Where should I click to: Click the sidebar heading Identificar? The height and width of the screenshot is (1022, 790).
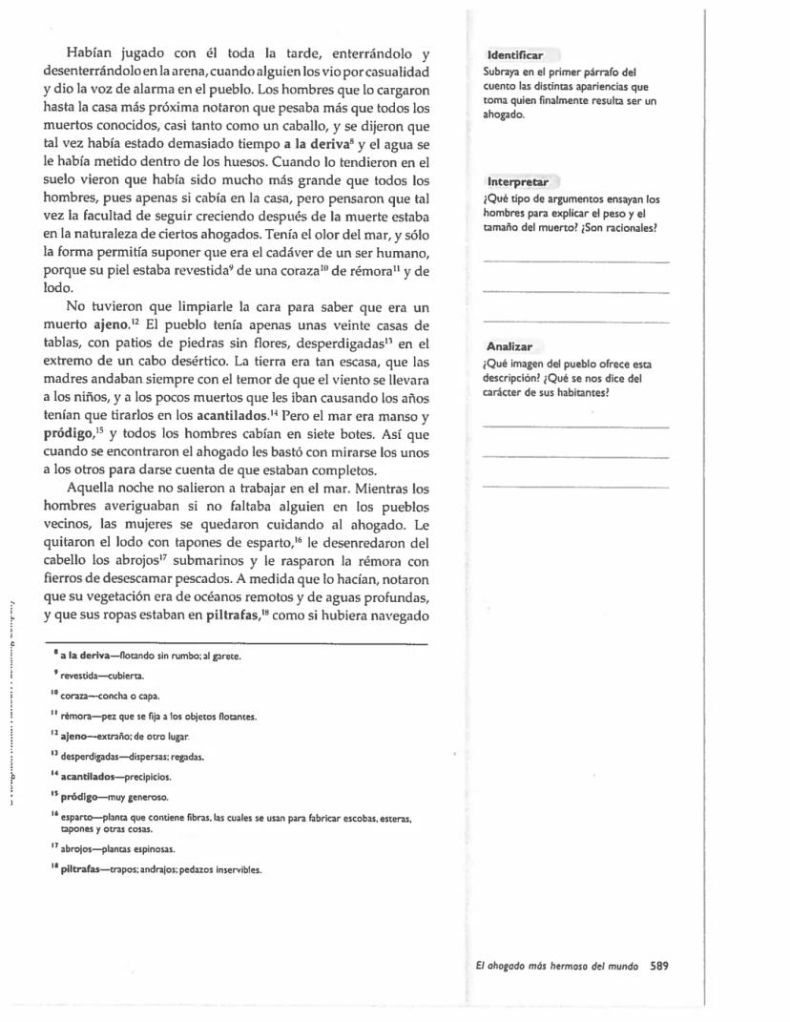(x=515, y=56)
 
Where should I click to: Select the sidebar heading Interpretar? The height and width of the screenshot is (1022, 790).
(x=517, y=181)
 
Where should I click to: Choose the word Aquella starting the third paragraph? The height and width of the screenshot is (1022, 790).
(x=93, y=487)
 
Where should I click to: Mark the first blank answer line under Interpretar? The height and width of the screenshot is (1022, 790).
(x=576, y=261)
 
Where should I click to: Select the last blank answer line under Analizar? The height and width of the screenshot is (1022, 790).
(x=576, y=486)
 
